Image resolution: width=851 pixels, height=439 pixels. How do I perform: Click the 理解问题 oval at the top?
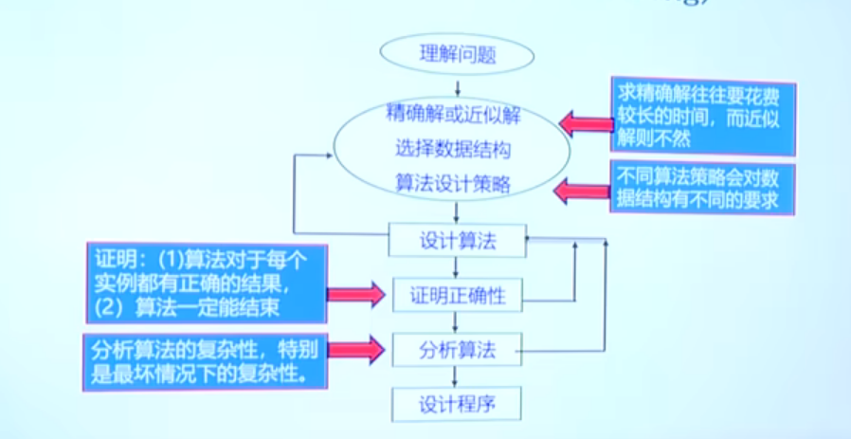tap(458, 55)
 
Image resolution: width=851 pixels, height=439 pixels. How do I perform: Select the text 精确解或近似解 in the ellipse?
tap(453, 114)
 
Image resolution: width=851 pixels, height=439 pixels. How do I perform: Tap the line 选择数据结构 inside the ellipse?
tap(453, 149)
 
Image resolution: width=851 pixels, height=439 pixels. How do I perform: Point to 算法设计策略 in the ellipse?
tap(453, 184)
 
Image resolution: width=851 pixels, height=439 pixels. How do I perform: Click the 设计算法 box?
tap(457, 241)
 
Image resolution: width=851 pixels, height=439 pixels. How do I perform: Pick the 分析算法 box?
tap(457, 351)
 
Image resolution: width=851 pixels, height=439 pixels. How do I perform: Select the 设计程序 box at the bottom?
tap(457, 405)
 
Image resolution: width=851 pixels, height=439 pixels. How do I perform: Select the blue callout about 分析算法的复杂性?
tap(206, 357)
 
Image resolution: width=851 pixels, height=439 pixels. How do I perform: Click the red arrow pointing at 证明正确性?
tap(357, 295)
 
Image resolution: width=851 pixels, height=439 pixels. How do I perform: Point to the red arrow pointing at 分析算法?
tap(357, 350)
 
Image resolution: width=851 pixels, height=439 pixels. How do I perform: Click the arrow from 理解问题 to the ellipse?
tap(458, 86)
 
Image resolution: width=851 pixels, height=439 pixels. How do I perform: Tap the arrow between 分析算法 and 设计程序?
tap(457, 377)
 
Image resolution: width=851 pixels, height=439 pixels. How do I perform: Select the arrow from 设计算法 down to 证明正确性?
tap(457, 267)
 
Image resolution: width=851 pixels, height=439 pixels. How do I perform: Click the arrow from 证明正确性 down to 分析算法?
tap(457, 323)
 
